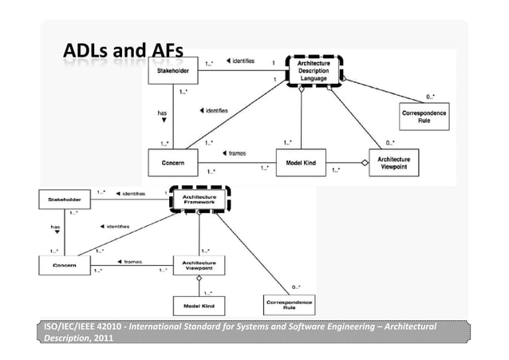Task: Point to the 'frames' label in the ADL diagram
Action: (x=237, y=152)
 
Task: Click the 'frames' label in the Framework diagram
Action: (x=132, y=261)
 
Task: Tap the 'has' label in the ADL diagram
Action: (x=161, y=114)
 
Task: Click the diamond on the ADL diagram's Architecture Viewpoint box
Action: (x=365, y=163)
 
